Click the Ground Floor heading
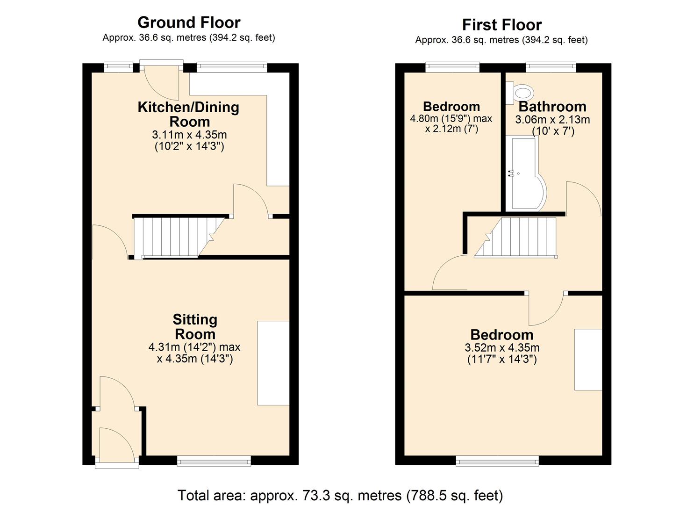click(x=189, y=22)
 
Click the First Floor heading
click(x=501, y=24)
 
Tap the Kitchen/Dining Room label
click(x=188, y=114)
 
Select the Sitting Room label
click(x=195, y=327)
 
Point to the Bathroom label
click(x=552, y=107)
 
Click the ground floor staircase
click(x=173, y=237)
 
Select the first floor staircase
click(x=519, y=237)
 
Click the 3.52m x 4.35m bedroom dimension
click(x=502, y=348)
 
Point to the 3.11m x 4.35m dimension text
click(x=189, y=135)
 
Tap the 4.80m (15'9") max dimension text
click(x=451, y=118)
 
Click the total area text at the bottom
click(x=340, y=495)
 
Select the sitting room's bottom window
click(x=214, y=462)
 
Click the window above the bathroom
click(x=551, y=68)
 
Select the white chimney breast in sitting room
click(x=273, y=363)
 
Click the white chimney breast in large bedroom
click(x=588, y=359)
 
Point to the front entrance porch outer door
click(x=117, y=444)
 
